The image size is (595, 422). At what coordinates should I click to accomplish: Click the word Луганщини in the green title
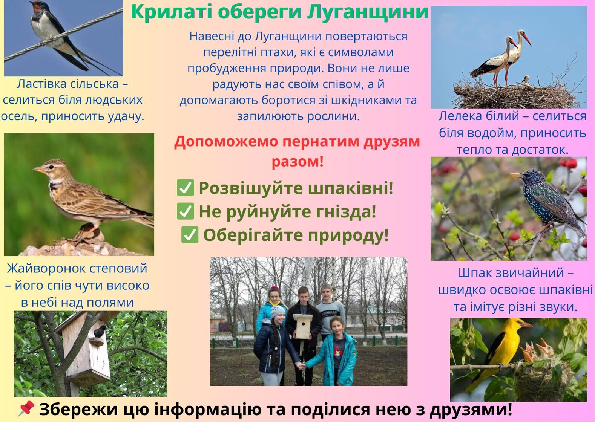tap(368, 12)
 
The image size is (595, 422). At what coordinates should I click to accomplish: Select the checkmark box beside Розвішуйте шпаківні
tap(186, 188)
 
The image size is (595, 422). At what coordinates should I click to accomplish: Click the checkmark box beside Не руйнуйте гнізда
tap(186, 211)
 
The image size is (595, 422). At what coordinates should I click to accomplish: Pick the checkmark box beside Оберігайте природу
tap(190, 235)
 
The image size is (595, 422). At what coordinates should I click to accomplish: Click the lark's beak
tap(38, 169)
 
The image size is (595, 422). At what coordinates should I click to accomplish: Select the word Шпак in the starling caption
tap(475, 272)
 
